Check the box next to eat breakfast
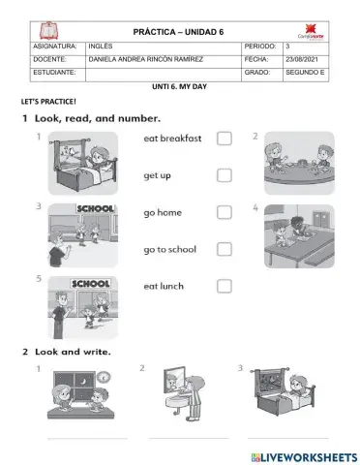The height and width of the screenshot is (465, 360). click(224, 139)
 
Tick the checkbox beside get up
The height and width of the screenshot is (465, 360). click(224, 175)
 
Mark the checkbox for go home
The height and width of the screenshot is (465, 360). click(224, 212)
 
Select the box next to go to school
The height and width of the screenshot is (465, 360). click(224, 249)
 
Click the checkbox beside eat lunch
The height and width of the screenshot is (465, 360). click(224, 286)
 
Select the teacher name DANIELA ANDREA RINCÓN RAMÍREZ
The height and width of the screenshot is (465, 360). click(145, 58)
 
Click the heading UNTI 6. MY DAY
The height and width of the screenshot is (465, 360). click(180, 85)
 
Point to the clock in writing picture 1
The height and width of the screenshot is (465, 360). click(103, 377)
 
